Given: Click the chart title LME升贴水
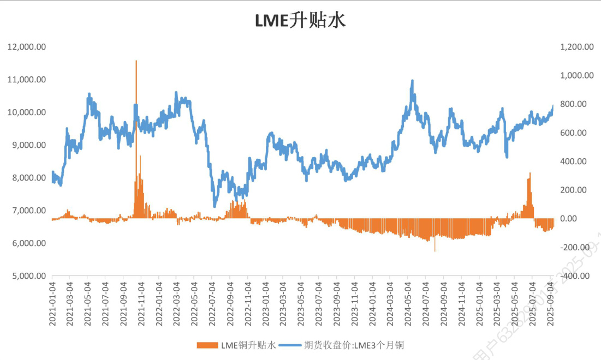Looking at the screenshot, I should point(300,20).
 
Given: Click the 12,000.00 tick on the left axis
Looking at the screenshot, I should point(26,47).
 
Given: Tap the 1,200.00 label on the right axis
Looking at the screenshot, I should point(576,47).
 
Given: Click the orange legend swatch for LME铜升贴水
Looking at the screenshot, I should point(207,345).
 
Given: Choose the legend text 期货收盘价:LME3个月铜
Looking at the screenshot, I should point(353,345).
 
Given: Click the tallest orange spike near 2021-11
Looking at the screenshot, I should point(136,61).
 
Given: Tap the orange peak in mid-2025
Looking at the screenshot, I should point(529,173).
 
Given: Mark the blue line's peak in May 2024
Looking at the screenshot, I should point(412,81).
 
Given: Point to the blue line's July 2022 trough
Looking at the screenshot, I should point(215,206).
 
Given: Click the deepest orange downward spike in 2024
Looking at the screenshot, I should point(435,251).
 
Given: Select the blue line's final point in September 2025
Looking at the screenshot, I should point(553,106).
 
